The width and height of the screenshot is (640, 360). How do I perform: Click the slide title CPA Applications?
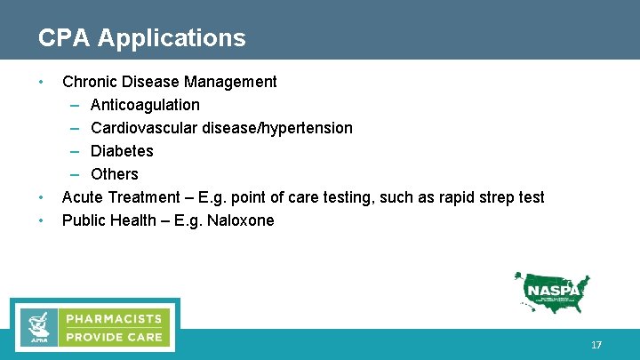tap(142, 38)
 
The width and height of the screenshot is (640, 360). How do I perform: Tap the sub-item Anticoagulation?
tap(145, 105)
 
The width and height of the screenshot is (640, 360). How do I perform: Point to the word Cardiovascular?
tap(144, 128)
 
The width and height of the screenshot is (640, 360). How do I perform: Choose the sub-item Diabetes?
tap(122, 151)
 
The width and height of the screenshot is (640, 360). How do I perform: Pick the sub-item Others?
tap(115, 174)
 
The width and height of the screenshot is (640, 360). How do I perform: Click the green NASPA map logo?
tap(552, 292)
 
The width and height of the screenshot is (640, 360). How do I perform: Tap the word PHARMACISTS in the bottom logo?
tap(113, 318)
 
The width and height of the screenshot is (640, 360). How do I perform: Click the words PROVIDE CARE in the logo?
tap(113, 337)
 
